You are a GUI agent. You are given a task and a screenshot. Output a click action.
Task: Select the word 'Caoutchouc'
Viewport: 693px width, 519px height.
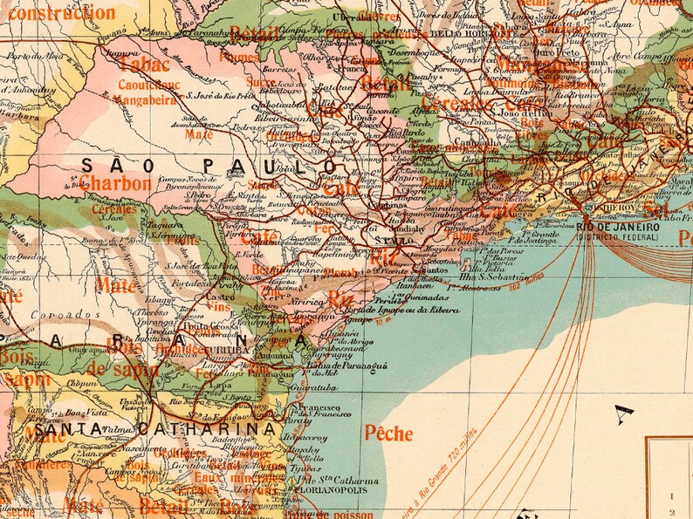point(149,85)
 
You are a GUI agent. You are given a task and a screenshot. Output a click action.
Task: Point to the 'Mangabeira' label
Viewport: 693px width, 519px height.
point(149,99)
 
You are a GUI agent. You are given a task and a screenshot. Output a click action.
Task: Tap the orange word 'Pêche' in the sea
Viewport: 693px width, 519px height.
point(388,432)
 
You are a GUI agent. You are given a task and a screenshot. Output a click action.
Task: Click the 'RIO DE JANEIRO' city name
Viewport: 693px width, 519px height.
point(616,228)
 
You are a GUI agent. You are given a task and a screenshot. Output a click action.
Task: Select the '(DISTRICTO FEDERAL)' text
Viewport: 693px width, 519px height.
point(616,237)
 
